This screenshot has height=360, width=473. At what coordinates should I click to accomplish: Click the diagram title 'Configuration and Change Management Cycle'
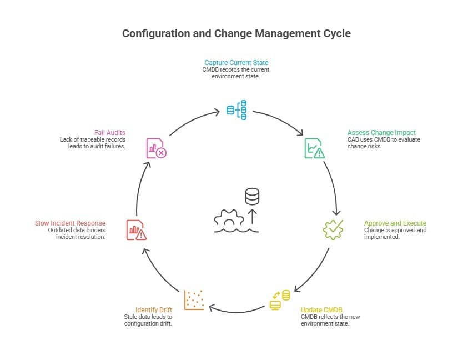[236, 33]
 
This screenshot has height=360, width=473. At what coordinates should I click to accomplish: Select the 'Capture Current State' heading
[236, 62]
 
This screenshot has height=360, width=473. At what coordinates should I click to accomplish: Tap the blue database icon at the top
[236, 110]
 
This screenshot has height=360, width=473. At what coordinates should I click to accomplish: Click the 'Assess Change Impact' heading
[381, 133]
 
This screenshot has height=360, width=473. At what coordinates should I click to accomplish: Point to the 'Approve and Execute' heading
[395, 223]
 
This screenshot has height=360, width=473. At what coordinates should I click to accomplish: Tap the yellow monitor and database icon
[279, 299]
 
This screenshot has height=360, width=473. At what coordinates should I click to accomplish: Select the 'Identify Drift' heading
[154, 309]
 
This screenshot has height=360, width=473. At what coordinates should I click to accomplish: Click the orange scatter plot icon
[194, 299]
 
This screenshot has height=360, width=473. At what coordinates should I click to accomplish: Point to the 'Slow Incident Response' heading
[70, 223]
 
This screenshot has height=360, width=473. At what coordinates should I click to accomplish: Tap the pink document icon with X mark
[156, 148]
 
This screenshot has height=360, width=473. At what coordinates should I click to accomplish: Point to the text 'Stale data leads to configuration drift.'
[148, 320]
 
